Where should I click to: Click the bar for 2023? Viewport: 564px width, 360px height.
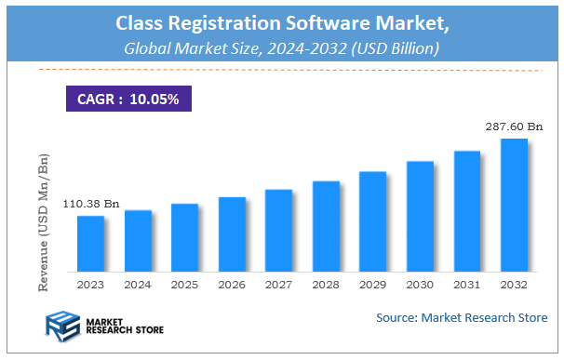point(90,244)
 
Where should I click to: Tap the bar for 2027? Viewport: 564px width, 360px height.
point(278,230)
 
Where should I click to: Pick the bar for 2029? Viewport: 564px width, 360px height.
point(372,221)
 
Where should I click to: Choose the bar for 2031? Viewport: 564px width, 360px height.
point(466,211)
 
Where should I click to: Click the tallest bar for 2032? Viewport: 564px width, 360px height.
point(514,206)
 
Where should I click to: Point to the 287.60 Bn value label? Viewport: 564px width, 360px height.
point(513,125)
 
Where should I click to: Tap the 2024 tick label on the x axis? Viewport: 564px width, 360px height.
point(138,286)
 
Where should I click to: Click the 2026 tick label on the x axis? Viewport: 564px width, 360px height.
point(232,286)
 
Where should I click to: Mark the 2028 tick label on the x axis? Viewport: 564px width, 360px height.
point(326,286)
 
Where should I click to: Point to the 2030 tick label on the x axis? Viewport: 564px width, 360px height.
point(420,286)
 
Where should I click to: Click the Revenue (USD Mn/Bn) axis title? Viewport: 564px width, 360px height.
point(44,212)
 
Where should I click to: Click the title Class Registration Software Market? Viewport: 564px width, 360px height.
point(281,21)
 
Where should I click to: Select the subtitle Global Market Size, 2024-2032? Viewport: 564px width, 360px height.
point(281,47)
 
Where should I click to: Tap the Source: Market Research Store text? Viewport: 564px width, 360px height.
point(462,318)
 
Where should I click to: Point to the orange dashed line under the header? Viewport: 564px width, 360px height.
point(281,69)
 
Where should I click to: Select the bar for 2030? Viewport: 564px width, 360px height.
point(420,217)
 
